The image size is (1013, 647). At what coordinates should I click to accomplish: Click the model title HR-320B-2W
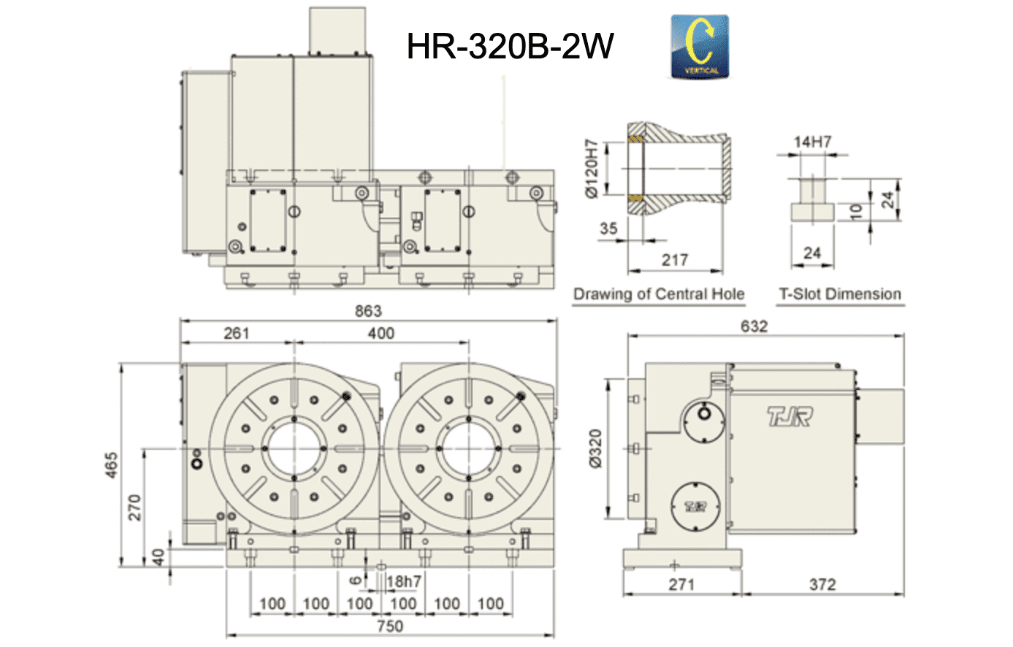point(510,47)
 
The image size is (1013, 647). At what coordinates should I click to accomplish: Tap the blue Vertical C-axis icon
point(700,47)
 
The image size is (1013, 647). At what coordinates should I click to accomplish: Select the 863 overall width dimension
point(368,311)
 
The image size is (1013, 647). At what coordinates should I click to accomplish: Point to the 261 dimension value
point(237,334)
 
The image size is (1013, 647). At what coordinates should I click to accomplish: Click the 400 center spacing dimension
point(381,334)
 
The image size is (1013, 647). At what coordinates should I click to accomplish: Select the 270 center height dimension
point(134,508)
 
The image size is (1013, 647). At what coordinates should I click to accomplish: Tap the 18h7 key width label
point(404,581)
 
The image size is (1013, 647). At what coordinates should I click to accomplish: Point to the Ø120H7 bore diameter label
point(591,169)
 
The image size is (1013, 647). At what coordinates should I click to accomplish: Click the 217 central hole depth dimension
point(674,260)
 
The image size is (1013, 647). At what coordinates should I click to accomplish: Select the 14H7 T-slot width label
point(812,142)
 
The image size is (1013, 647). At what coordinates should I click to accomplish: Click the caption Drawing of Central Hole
point(658,294)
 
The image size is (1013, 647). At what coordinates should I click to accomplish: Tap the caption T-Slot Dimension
point(840,294)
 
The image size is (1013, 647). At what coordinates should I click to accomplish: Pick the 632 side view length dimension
point(754,326)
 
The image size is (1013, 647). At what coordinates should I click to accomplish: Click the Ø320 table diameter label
point(595,449)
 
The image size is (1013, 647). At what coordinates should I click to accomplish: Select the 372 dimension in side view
point(822,584)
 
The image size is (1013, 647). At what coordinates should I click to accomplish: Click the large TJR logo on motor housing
point(789,417)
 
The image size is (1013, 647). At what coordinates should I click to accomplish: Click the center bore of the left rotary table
point(294,448)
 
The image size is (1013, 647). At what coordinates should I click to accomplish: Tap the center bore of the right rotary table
point(468,448)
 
